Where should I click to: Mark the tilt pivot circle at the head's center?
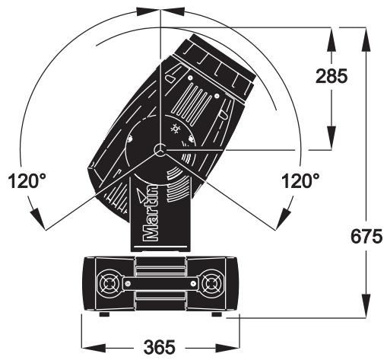160,150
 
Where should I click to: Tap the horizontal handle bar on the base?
160,283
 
